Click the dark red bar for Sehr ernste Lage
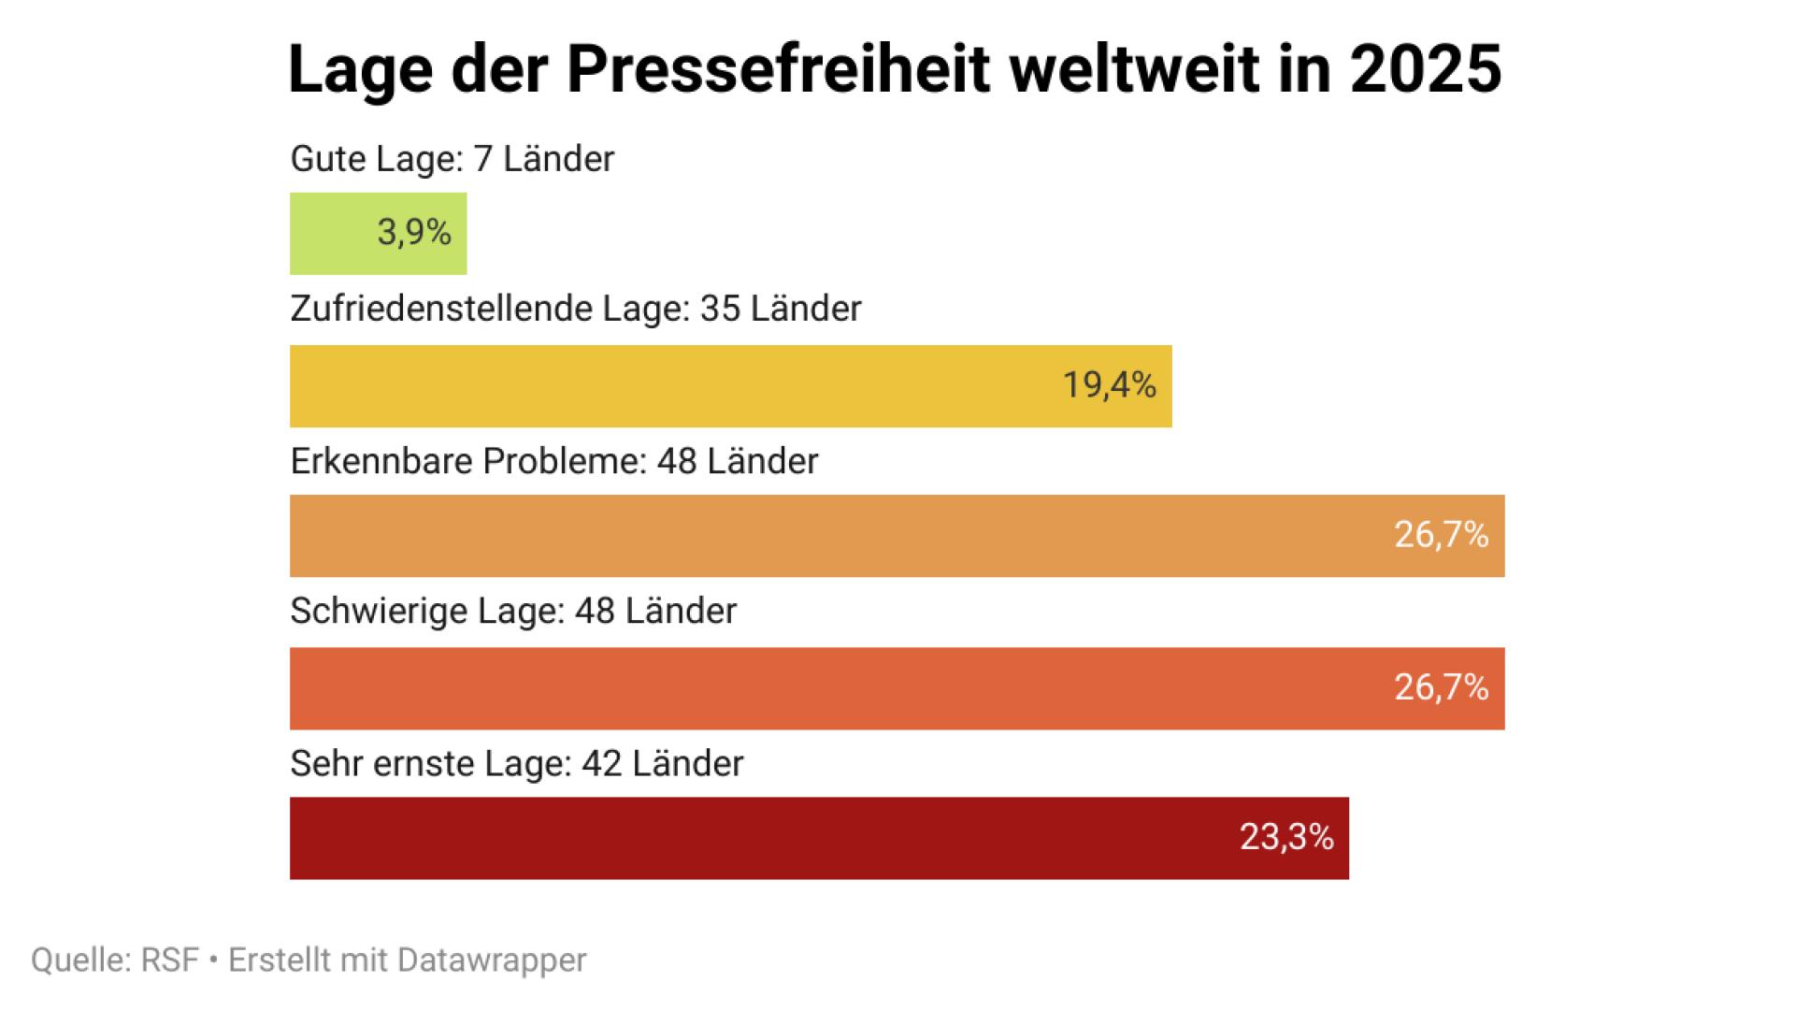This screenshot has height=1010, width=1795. coord(748,838)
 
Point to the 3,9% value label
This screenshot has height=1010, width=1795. coord(414,232)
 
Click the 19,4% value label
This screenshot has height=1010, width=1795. coord(1110,384)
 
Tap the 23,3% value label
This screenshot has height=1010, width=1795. coord(1286,836)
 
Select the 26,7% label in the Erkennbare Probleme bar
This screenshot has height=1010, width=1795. coord(1441,534)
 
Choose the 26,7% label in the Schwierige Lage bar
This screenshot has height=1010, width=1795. coord(1441,687)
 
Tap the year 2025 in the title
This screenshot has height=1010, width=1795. coord(1425,69)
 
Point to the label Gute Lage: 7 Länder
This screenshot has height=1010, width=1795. coord(452,159)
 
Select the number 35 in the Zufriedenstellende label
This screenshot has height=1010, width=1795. coord(720,309)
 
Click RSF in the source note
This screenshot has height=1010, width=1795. coord(170,960)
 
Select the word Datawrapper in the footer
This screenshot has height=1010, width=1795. coord(492,960)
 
